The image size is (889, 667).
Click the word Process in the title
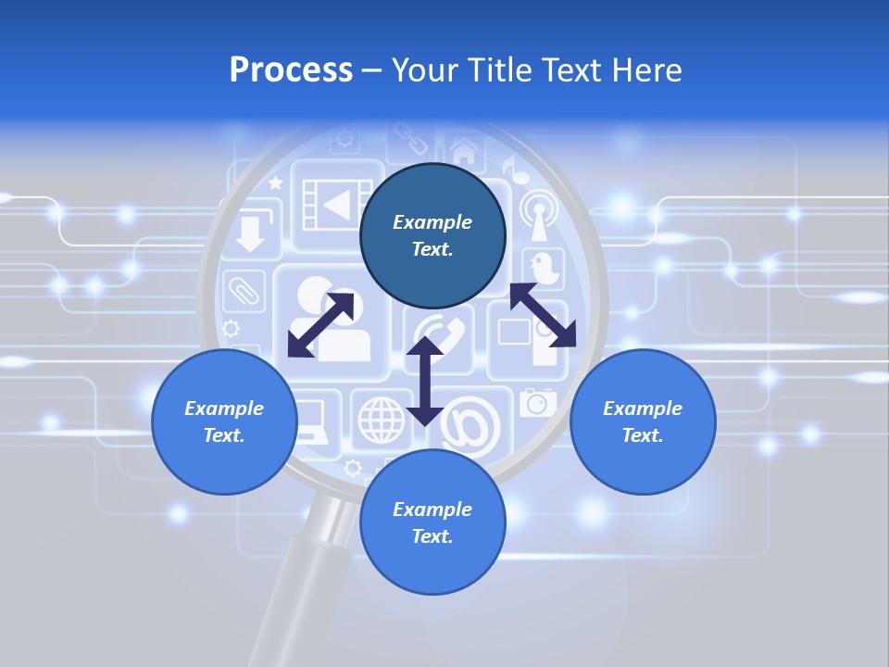click(291, 70)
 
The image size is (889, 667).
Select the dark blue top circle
click(432, 235)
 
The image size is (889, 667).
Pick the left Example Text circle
click(224, 422)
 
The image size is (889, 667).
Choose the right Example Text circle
click(643, 422)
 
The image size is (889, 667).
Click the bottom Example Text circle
click(432, 522)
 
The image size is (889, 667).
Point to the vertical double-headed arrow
click(425, 381)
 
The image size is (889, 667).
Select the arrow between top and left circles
click(320, 324)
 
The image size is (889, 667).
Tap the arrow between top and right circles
click(543, 315)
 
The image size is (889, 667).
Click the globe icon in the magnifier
click(381, 419)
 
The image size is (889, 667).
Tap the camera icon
click(537, 402)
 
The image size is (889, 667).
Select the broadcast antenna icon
click(537, 213)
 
